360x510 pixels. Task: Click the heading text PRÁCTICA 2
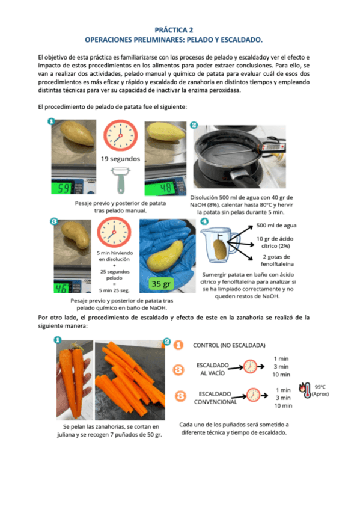pos(174,30)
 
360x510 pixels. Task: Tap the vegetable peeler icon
pos(120,180)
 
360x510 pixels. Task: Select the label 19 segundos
pos(120,159)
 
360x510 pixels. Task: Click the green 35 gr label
pos(161,284)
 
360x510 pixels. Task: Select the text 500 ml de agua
pos(276,225)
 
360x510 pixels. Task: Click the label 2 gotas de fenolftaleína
pos(278,260)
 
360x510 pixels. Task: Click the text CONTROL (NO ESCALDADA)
pos(229,345)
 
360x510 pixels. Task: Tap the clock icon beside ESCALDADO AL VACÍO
pos(250,367)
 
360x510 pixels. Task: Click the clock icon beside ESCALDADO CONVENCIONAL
pos(253,395)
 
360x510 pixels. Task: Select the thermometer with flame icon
pos(305,390)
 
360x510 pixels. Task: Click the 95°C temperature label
pos(320,387)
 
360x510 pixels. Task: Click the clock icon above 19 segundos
pos(121,135)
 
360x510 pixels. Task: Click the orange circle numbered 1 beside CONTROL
pos(178,345)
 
